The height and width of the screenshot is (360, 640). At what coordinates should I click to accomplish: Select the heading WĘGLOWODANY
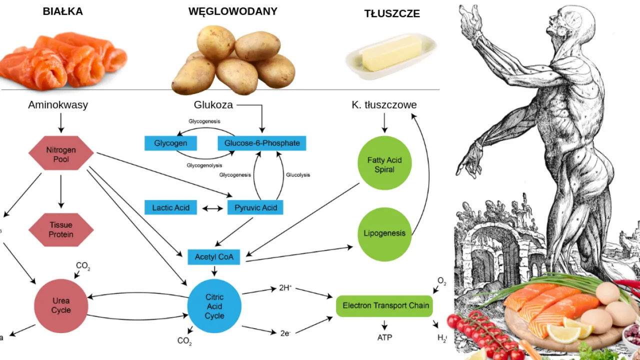[x=232, y=11]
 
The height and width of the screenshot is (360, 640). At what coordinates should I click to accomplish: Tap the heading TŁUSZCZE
[x=391, y=14]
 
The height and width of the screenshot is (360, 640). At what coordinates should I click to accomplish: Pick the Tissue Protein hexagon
[x=61, y=229]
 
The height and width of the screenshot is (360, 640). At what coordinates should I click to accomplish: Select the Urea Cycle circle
[x=61, y=305]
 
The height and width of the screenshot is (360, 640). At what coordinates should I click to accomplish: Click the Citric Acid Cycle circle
[x=214, y=306]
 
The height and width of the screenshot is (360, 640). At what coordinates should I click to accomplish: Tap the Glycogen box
[x=170, y=143]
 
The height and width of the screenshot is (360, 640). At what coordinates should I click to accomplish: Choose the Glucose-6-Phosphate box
[x=261, y=143]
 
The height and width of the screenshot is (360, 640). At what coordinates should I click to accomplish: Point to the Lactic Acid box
[x=170, y=207]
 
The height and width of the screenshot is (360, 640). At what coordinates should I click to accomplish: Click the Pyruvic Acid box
[x=255, y=207]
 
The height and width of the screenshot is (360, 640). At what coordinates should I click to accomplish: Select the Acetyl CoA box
[x=214, y=257]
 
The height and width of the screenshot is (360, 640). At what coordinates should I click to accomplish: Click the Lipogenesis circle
[x=384, y=233]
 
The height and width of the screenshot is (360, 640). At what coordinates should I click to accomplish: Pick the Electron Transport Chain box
[x=385, y=305]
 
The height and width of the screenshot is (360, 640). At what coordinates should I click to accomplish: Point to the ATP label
[x=384, y=337]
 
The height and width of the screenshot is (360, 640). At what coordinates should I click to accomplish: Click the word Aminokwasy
[x=58, y=105]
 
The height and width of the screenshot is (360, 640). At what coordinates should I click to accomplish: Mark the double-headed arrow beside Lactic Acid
[x=212, y=208]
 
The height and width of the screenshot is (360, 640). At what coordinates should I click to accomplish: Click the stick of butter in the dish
[x=391, y=53]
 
